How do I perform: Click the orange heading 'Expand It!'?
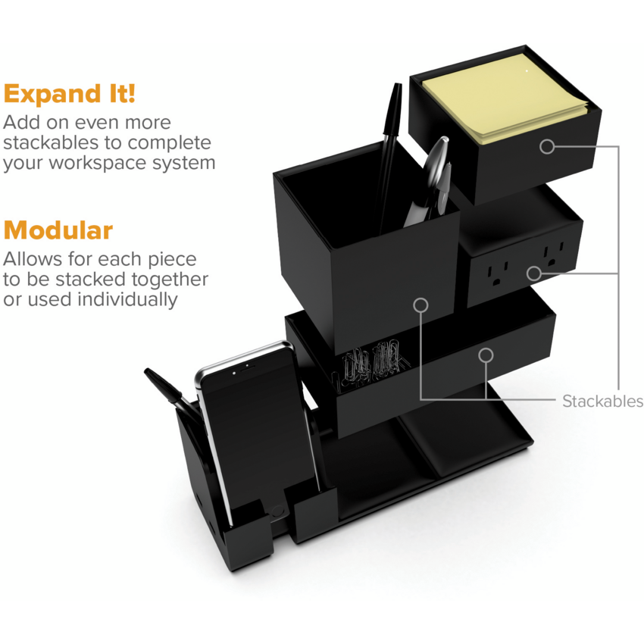point(70,94)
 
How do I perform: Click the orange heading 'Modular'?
point(58,230)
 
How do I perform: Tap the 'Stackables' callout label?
point(602,402)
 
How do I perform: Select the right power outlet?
point(553,255)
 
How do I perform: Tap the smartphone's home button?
point(277,511)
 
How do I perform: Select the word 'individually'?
point(127,299)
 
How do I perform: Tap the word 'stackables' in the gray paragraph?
point(51,142)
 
